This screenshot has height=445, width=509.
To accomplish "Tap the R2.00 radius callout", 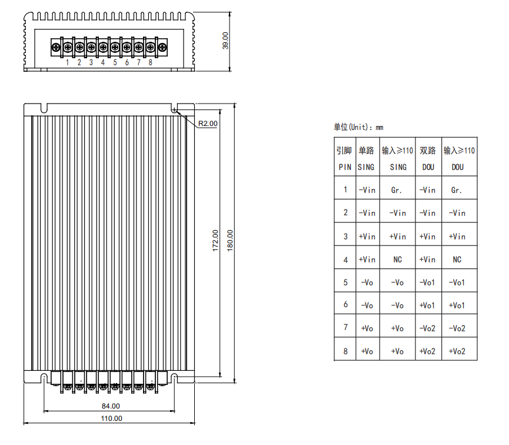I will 207,124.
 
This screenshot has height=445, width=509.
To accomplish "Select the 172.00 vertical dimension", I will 215,241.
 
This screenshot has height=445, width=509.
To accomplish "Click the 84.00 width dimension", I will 111,406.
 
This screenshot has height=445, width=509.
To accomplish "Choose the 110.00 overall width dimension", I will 111,419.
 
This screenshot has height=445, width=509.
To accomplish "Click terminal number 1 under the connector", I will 68,62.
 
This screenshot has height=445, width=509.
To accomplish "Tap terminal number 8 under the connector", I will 151,62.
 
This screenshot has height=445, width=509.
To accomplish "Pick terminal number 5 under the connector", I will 115,62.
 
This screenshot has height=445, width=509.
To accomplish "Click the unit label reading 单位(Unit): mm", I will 358,127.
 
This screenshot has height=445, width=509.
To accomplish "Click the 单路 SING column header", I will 366,158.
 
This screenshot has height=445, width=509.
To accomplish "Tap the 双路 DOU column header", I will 428,158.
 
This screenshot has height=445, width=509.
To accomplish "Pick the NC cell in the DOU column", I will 457,260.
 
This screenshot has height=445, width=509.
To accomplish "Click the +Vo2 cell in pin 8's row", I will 428,351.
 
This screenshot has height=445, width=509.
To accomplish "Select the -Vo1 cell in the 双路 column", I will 428,283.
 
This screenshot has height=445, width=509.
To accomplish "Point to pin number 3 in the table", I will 345,237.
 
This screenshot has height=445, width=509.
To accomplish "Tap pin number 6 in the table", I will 345,305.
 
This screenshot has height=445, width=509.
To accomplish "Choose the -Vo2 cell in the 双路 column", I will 428,328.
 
